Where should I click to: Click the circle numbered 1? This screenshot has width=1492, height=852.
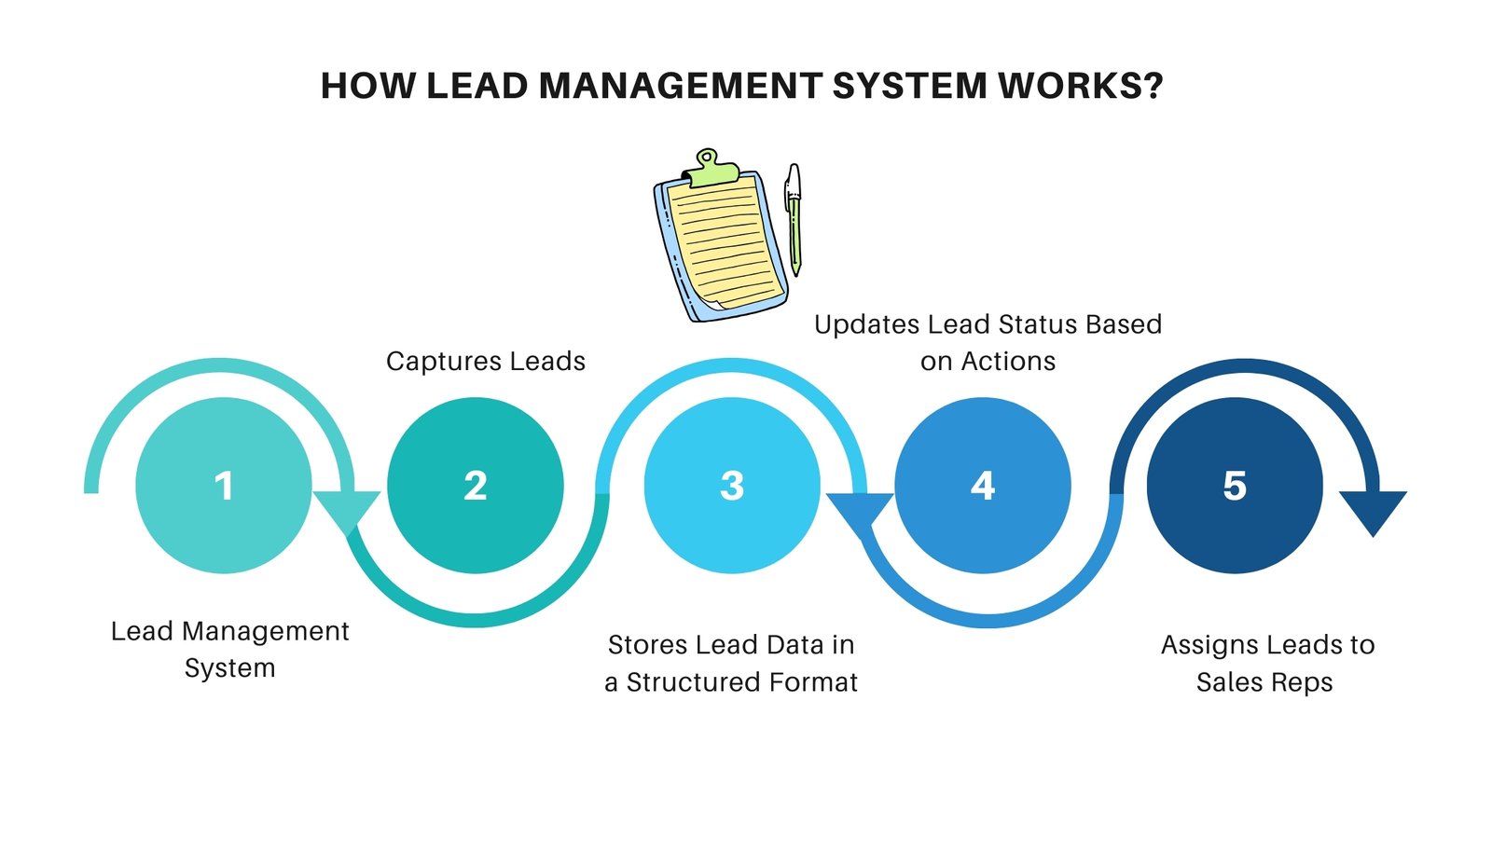(x=224, y=486)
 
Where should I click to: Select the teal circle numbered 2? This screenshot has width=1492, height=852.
(x=475, y=486)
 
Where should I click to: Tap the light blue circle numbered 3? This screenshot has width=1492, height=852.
(x=732, y=486)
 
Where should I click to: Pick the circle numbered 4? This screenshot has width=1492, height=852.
(x=983, y=486)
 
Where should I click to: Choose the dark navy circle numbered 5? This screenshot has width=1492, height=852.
(x=1235, y=486)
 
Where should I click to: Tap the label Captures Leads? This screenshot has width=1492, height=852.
(x=485, y=362)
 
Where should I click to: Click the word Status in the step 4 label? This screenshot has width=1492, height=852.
(x=1034, y=324)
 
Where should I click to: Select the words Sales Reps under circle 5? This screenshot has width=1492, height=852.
(x=1264, y=682)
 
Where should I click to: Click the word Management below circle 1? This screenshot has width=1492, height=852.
(x=265, y=631)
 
